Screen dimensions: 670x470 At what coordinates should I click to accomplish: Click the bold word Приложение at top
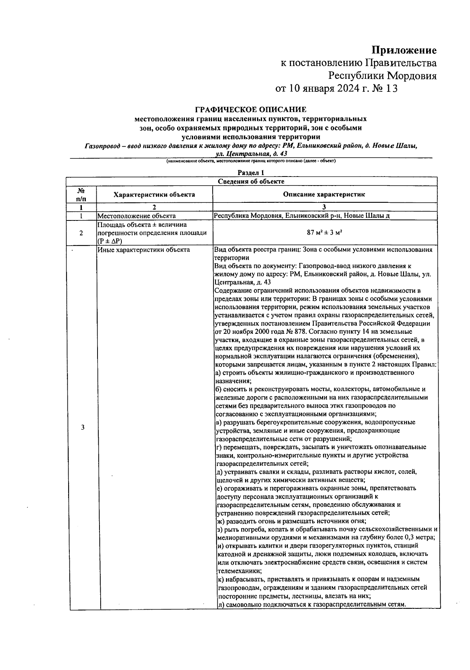tap(404, 50)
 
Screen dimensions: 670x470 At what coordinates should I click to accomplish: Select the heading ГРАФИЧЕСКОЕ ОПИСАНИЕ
tap(251, 109)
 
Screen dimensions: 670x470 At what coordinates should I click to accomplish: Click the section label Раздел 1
tap(251, 173)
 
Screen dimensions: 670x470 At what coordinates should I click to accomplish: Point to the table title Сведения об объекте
tap(251, 181)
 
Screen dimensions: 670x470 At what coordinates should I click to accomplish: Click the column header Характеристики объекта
tap(154, 195)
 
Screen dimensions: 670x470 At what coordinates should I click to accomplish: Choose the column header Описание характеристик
tap(324, 195)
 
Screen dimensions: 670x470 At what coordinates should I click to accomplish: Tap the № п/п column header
tap(81, 195)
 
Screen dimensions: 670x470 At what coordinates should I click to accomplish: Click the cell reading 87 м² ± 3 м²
tap(324, 233)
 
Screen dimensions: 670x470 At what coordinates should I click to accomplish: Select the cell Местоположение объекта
tap(136, 216)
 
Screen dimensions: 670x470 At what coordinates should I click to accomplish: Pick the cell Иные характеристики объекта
tap(144, 250)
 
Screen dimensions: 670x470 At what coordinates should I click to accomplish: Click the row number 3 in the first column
tap(83, 427)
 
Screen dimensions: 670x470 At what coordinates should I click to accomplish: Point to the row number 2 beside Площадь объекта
tap(81, 233)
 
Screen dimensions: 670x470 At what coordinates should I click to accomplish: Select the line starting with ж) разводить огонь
tap(291, 521)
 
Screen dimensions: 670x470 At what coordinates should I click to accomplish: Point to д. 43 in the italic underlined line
tap(280, 154)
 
